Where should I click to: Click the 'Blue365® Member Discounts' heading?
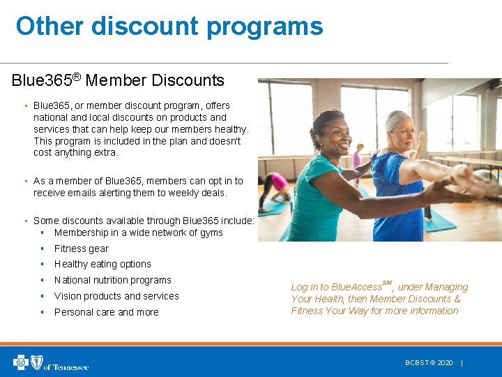118,80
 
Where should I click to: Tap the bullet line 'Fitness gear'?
82,249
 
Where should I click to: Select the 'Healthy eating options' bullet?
102,264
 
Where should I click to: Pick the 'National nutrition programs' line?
112,280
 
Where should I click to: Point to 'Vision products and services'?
116,296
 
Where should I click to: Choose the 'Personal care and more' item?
106,312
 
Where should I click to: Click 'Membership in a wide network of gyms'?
138,232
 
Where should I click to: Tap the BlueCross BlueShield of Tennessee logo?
50,362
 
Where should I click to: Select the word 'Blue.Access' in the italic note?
356,287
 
